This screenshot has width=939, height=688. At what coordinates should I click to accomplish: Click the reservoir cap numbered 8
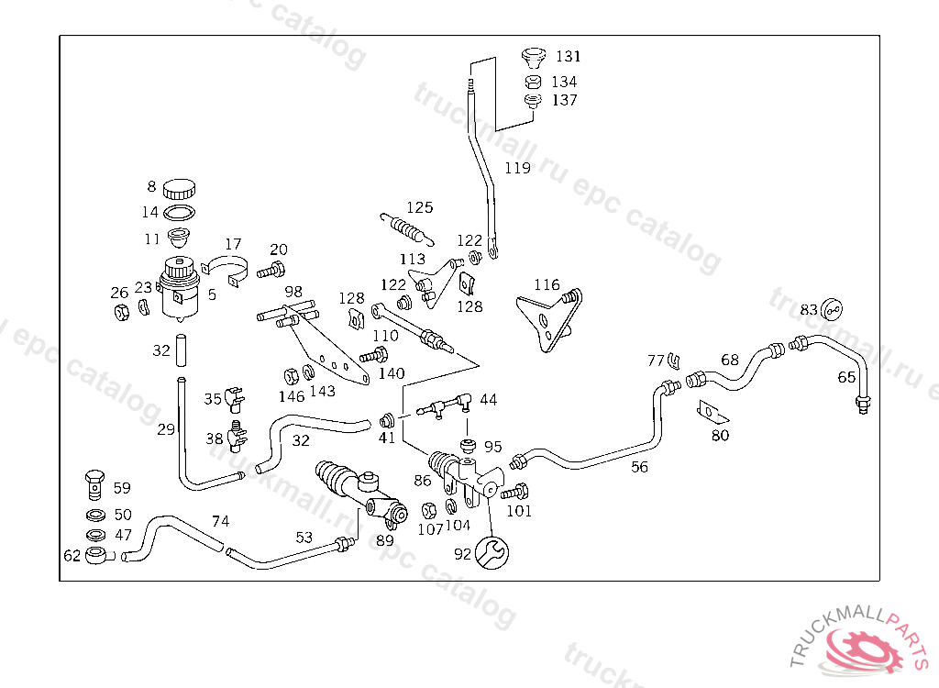180,190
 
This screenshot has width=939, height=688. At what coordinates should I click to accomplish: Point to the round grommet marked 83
832,309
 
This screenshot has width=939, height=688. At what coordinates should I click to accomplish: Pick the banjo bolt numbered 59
94,480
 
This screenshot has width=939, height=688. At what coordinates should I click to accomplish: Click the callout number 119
518,168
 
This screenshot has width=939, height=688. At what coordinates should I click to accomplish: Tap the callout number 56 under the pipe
639,467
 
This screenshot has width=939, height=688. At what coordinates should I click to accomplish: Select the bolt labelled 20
271,270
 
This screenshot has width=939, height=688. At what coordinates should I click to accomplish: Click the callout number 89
385,540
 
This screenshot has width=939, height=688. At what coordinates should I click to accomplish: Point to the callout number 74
220,521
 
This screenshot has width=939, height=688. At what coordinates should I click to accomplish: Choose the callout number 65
846,377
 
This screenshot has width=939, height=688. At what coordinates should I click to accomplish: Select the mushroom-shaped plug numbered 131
531,57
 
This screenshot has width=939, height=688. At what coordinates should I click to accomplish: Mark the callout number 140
391,373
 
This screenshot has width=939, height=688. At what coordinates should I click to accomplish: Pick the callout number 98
293,292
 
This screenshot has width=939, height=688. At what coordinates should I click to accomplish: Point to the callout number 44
489,400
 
